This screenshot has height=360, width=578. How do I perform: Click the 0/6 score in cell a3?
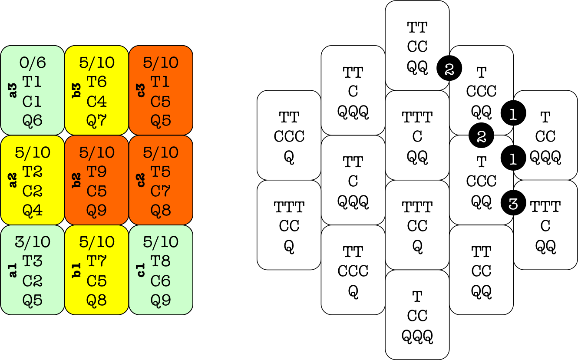(x=33, y=63)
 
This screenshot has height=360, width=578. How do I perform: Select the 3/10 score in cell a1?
(x=33, y=242)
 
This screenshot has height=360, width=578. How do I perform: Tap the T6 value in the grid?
(x=97, y=82)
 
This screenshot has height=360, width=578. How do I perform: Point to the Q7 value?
(x=97, y=120)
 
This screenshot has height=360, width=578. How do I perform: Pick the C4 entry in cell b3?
(x=97, y=101)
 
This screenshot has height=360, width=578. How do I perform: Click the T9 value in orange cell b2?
(x=97, y=172)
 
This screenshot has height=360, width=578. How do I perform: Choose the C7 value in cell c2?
(x=161, y=191)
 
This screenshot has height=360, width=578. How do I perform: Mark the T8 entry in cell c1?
(x=161, y=261)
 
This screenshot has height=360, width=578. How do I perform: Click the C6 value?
(x=161, y=281)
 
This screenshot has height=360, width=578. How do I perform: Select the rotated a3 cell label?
(x=13, y=90)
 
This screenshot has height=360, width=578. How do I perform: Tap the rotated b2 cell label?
(x=77, y=180)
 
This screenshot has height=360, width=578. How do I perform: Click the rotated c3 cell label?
(x=141, y=90)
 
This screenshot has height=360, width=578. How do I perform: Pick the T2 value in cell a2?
(x=33, y=172)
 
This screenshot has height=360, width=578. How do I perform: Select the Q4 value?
(x=33, y=211)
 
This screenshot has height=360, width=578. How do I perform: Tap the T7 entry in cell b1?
(x=97, y=261)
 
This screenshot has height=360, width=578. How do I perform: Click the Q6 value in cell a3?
(x=33, y=120)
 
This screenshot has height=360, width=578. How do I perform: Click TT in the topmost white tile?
(x=417, y=27)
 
